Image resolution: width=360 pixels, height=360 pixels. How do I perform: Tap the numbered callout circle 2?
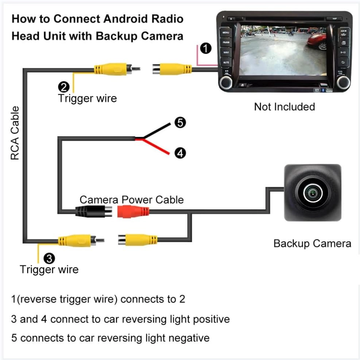pyautogui.click(x=63, y=87)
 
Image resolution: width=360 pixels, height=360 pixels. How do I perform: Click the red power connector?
pyautogui.click(x=133, y=211)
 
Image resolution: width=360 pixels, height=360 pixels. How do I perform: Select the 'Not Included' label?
pyautogui.click(x=284, y=107)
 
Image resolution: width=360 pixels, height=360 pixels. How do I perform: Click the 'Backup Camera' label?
pyautogui.click(x=312, y=243)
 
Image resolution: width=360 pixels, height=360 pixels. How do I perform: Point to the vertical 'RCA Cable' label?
pyautogui.click(x=15, y=133)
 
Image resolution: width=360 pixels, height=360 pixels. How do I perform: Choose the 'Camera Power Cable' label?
pyautogui.click(x=131, y=200)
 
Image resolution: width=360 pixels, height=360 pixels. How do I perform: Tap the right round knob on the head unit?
pyautogui.click(x=343, y=83)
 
